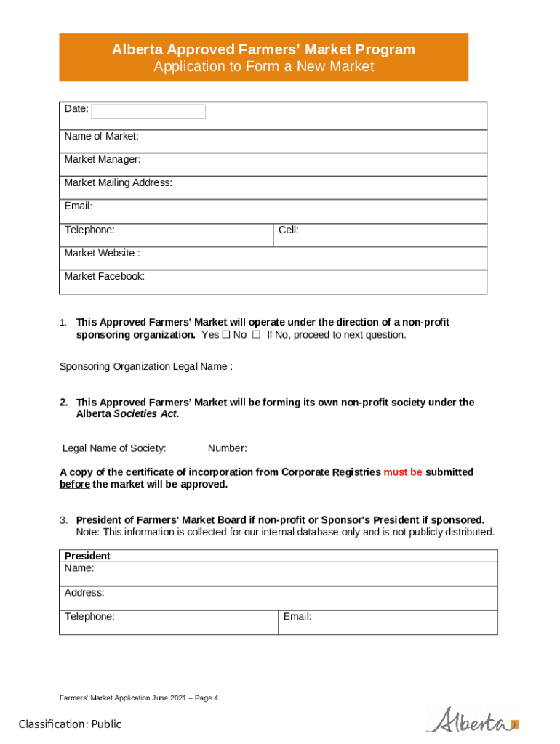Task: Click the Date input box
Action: point(148,111)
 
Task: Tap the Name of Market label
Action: point(101,136)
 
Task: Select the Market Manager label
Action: point(103,159)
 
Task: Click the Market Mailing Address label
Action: point(118,182)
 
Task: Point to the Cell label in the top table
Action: point(288,230)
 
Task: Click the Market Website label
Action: point(102,253)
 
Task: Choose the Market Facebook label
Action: point(104,276)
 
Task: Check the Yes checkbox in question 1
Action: point(225,335)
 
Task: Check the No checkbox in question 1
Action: point(256,335)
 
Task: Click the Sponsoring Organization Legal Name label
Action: point(145,366)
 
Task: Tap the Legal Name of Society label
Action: point(114,448)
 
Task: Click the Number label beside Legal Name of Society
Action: point(227,448)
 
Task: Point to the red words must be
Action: point(403,472)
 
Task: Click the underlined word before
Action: point(74,484)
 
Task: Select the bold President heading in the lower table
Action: point(87,556)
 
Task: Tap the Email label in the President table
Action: point(297,616)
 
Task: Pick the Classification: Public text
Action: point(70,724)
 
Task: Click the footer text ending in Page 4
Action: point(138,698)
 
